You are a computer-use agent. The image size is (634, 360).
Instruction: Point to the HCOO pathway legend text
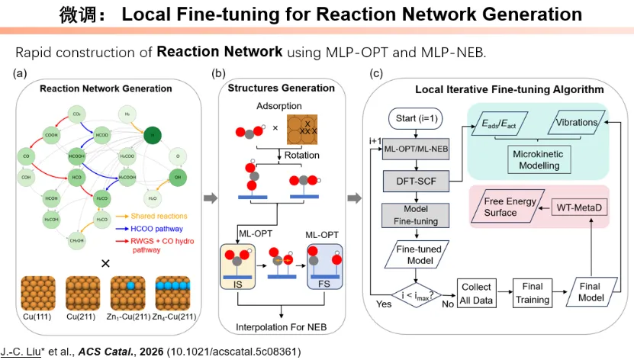(x=153, y=227)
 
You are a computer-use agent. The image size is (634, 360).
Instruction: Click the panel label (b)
(x=217, y=73)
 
